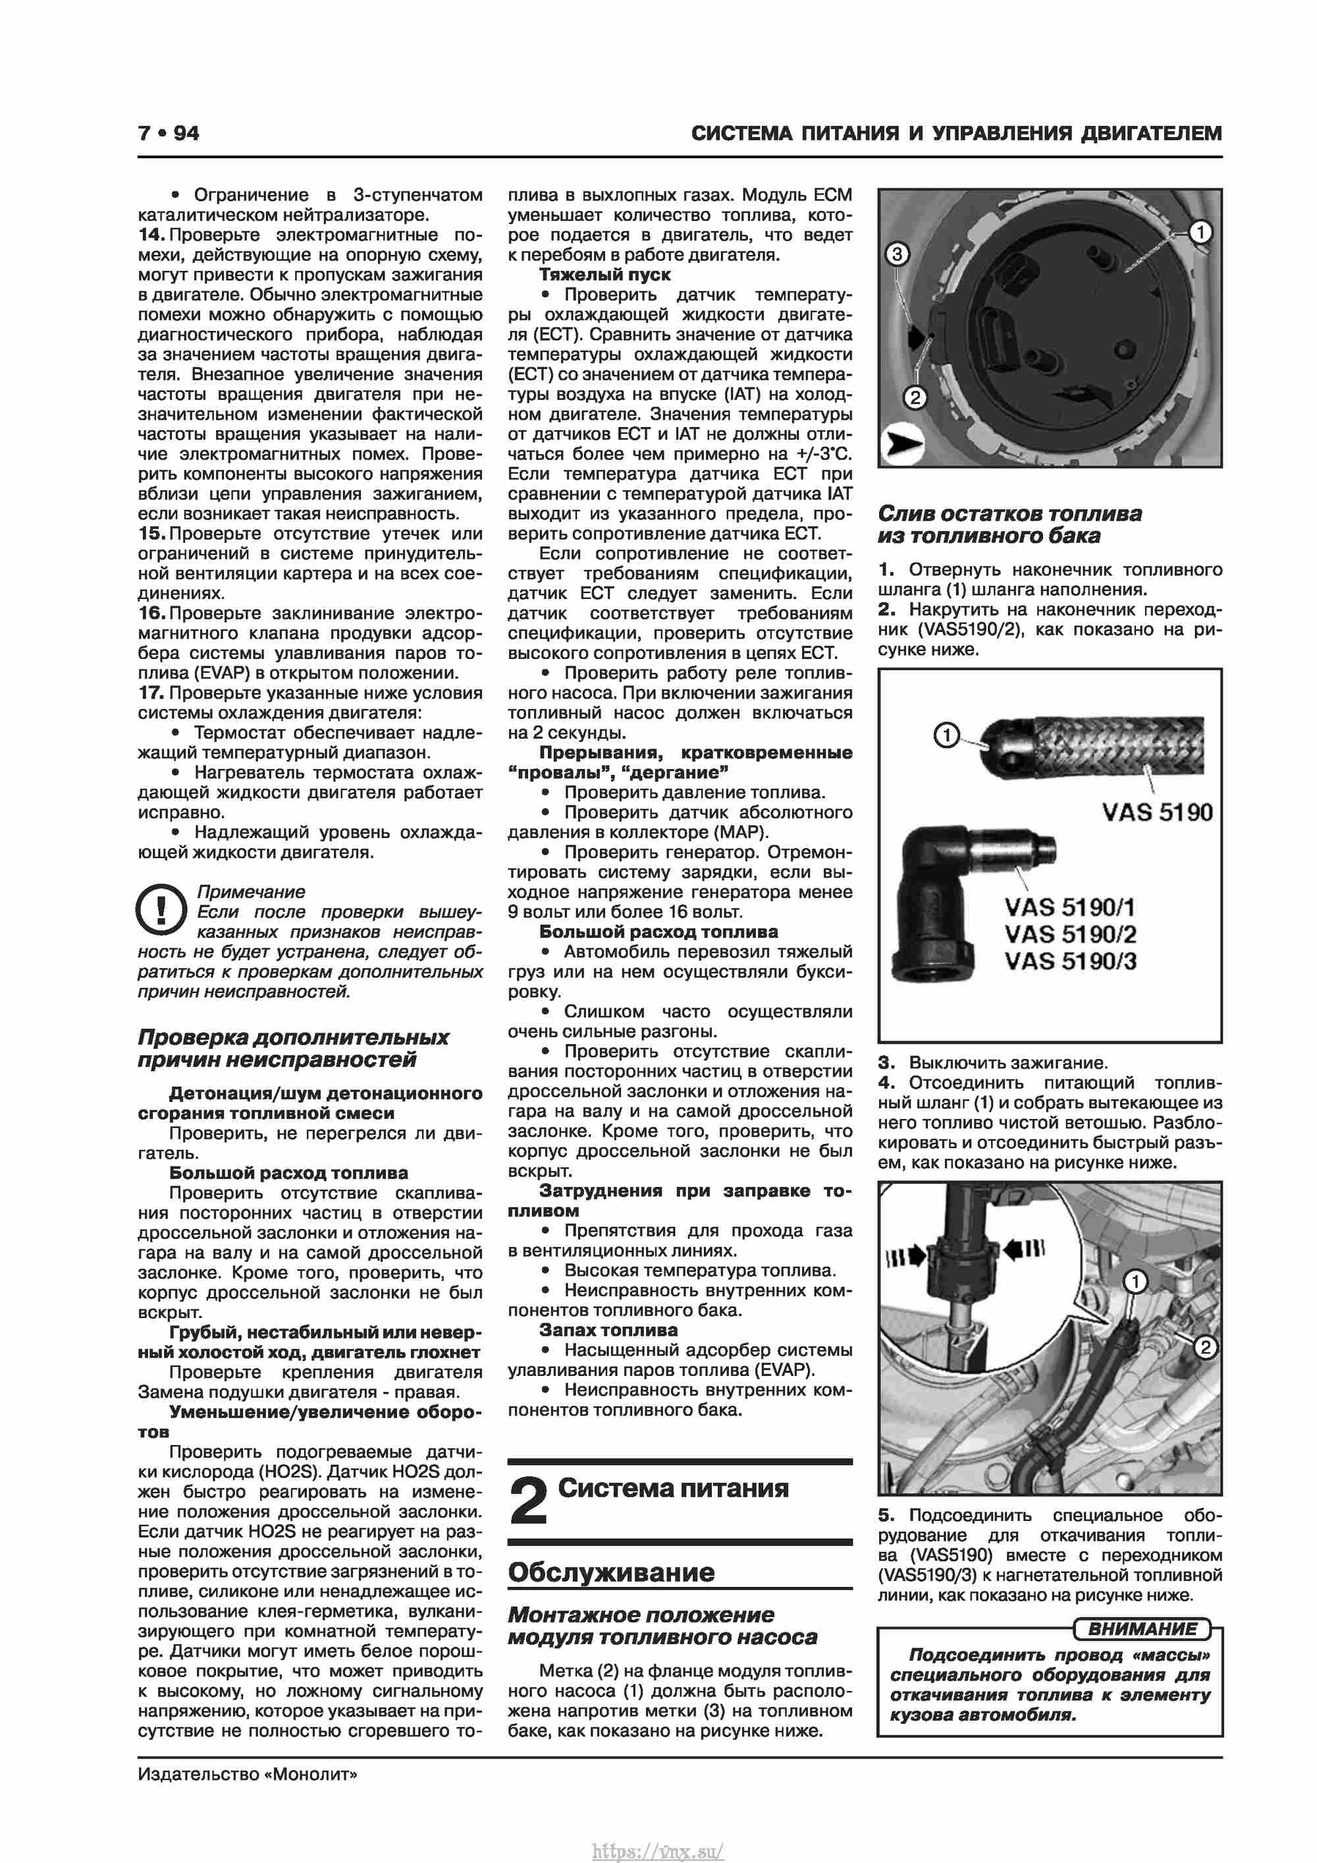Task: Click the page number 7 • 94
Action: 168,133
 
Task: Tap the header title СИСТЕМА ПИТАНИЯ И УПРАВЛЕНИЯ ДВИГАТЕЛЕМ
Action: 956,133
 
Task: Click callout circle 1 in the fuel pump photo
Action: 1200,232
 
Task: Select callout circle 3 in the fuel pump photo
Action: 896,254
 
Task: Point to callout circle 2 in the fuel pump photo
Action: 915,397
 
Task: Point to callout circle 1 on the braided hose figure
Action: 946,735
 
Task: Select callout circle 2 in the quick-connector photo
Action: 1205,1348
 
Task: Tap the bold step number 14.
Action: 151,235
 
